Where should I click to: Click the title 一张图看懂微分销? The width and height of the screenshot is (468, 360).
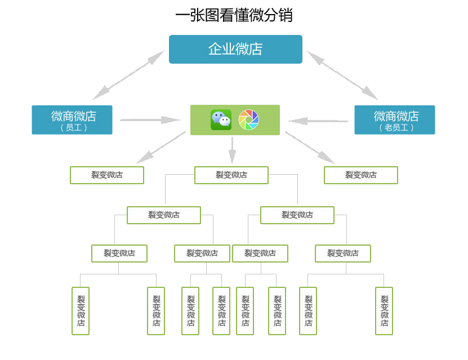(234, 15)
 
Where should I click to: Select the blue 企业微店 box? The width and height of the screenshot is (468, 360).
(235, 50)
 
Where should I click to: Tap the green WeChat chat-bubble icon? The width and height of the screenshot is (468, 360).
(221, 120)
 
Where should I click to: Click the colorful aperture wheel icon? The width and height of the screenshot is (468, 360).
(248, 120)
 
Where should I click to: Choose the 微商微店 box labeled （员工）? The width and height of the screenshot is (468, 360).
(72, 120)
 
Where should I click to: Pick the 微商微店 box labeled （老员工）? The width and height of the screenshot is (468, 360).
(394, 120)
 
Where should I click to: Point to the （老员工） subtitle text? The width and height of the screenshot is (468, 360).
(396, 128)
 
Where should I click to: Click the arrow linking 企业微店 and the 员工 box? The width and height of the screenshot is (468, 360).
(128, 75)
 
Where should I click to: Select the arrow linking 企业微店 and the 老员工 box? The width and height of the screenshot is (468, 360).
(342, 75)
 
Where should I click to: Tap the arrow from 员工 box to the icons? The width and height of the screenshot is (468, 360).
(150, 120)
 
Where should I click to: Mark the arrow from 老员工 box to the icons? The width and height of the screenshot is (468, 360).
(318, 121)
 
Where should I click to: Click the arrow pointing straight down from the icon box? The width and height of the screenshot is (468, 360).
(232, 149)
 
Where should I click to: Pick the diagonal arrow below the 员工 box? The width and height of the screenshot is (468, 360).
(161, 148)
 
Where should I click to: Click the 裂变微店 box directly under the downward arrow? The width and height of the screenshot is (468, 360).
(231, 175)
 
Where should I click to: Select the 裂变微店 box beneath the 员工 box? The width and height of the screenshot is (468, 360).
(107, 175)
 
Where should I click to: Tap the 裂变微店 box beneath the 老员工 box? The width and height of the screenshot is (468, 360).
(361, 175)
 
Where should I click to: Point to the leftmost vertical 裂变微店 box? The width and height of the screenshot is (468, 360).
(81, 311)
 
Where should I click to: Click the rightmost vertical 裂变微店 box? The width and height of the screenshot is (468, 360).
(384, 311)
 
